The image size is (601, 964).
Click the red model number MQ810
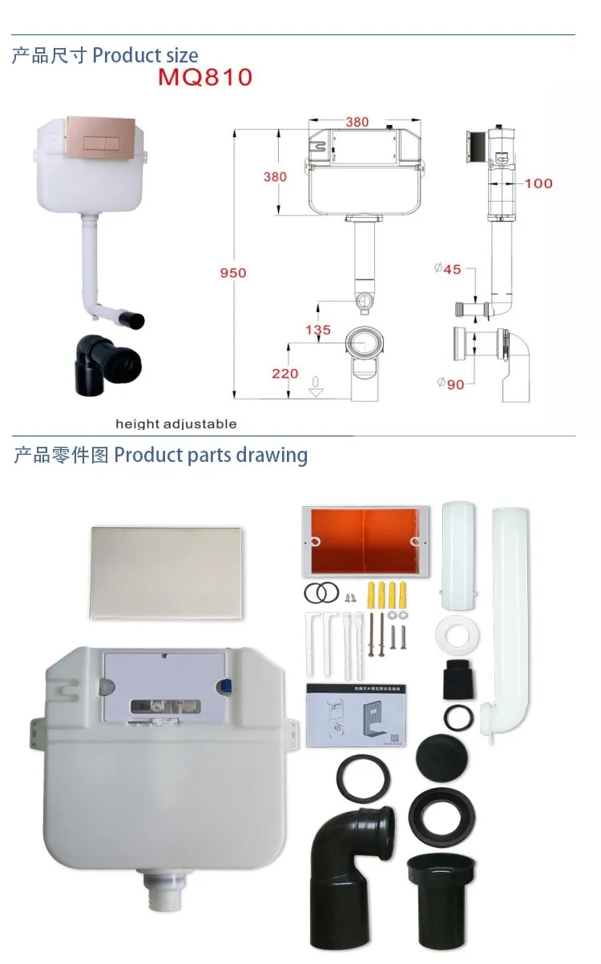coord(204,78)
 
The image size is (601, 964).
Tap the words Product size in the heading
coord(145,55)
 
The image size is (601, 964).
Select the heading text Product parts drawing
coord(211,455)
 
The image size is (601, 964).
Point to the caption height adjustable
coord(175,424)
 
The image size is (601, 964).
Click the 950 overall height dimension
coord(233,273)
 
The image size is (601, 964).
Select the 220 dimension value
coord(285,373)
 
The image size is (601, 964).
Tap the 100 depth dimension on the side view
coord(538,183)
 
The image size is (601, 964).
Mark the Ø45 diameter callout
coord(449,269)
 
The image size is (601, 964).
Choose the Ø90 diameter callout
coord(450,384)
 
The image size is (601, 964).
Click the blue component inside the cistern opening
coord(226,685)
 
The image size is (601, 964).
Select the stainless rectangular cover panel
coord(166,572)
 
